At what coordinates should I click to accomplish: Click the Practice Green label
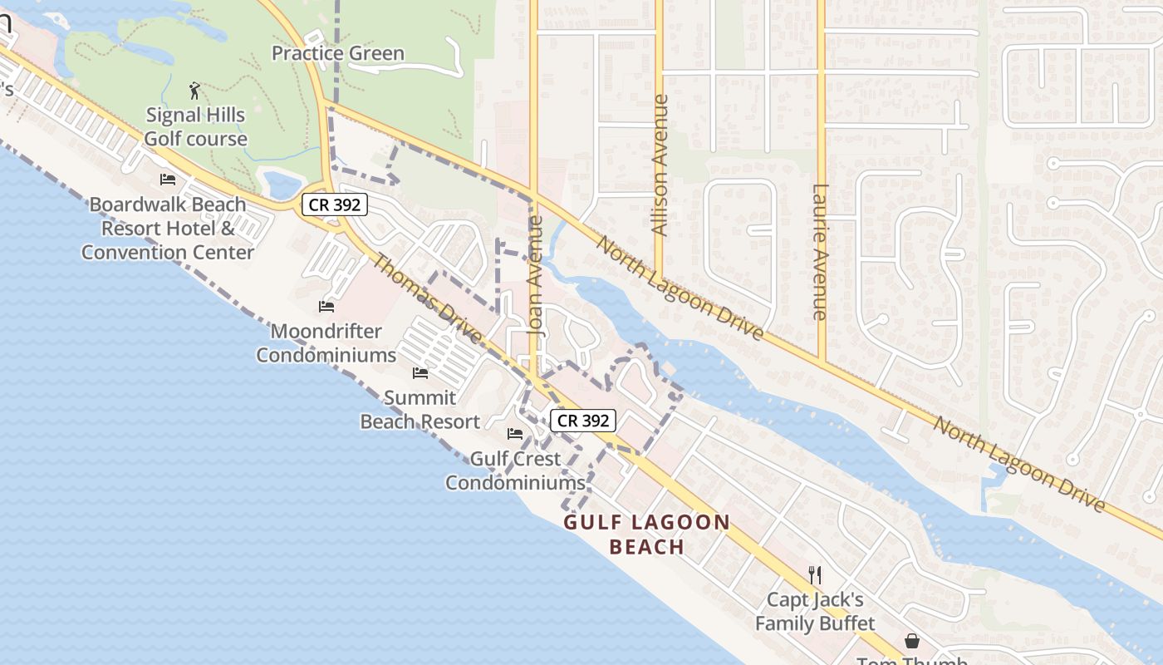[x=338, y=54]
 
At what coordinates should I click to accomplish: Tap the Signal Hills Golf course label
[x=196, y=126]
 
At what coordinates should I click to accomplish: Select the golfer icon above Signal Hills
[x=194, y=91]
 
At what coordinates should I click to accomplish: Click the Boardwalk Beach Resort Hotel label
[x=168, y=228]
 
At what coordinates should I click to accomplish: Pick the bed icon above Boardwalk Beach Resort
[x=168, y=180]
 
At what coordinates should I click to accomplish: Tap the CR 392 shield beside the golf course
[x=334, y=204]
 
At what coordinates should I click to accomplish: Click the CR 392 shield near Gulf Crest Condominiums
[x=583, y=421]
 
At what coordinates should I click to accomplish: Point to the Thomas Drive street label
[x=426, y=298]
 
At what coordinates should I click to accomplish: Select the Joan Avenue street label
[x=536, y=276]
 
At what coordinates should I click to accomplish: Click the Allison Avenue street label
[x=660, y=165]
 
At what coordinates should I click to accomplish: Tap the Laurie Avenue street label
[x=820, y=252]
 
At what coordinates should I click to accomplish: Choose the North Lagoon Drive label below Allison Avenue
[x=680, y=289]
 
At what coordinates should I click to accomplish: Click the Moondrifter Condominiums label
[x=326, y=343]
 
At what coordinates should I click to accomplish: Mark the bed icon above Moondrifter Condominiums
[x=326, y=307]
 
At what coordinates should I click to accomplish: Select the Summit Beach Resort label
[x=420, y=410]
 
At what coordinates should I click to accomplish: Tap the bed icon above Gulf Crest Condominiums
[x=515, y=434]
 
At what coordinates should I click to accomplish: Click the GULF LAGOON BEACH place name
[x=647, y=534]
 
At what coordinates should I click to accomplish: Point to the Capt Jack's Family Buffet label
[x=815, y=611]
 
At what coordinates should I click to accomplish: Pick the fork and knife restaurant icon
[x=815, y=574]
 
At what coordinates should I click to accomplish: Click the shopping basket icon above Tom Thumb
[x=912, y=641]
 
